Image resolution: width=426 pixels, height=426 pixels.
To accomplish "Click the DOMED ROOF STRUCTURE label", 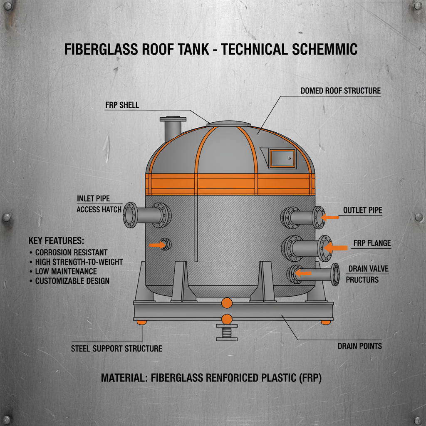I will [340, 91].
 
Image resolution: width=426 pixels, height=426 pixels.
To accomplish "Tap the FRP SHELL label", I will [122, 105].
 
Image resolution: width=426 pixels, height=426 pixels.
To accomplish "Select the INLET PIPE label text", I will [93, 198].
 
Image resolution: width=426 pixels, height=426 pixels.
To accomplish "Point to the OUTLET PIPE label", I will [362, 211].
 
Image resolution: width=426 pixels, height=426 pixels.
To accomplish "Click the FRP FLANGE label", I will [372, 243].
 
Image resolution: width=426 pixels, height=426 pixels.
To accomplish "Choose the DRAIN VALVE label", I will [368, 269].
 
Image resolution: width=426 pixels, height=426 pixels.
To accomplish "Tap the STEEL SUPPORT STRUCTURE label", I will [116, 348].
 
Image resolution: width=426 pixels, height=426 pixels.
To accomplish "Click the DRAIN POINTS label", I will [359, 346].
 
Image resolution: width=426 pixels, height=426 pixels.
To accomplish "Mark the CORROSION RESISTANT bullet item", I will [71, 252].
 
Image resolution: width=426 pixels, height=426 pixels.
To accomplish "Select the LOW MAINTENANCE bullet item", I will [66, 271].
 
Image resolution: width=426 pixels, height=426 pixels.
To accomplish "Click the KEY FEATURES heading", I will [56, 241].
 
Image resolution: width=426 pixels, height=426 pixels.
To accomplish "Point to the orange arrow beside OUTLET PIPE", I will [331, 217].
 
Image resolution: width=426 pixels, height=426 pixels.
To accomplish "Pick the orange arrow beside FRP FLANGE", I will [336, 248].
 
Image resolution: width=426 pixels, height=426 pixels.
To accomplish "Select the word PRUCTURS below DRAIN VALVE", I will [362, 280].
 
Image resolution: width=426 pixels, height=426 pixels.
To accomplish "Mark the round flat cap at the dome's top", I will [229, 124].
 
